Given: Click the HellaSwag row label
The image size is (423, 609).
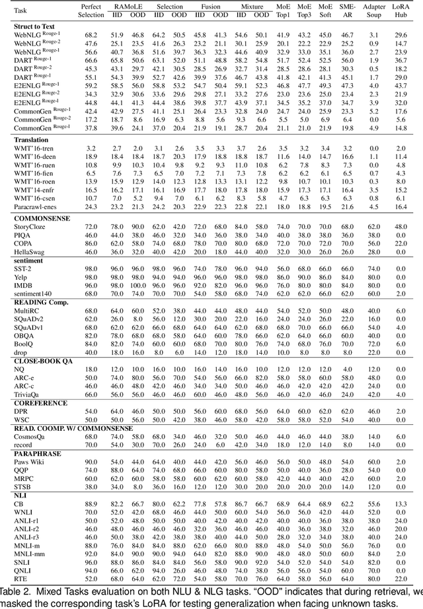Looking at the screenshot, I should click(x=29, y=251).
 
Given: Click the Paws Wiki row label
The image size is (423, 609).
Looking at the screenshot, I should click(x=30, y=462).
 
